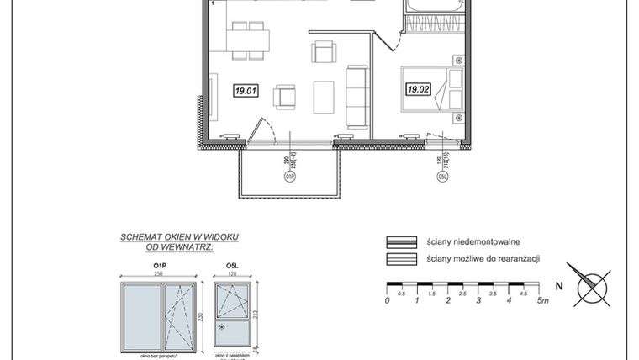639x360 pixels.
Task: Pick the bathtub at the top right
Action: pos(435,7)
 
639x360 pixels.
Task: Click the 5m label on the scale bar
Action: pos(544,300)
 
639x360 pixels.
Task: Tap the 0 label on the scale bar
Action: pos(387,300)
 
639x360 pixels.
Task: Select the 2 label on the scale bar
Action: pos(449,300)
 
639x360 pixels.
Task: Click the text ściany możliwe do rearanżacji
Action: pos(482,259)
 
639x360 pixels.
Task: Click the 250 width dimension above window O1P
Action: pos(157,274)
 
